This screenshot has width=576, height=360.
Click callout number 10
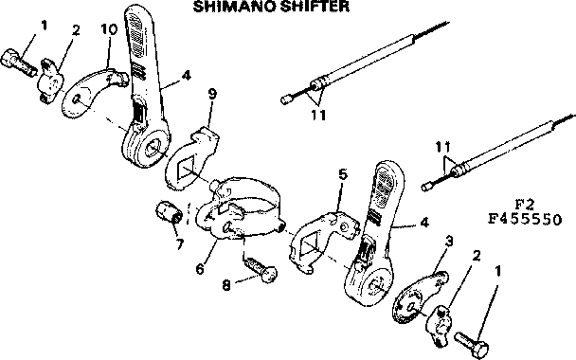click(x=109, y=29)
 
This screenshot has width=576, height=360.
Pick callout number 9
click(x=212, y=94)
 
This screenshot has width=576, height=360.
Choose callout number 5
click(x=343, y=174)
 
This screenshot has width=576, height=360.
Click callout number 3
click(x=448, y=242)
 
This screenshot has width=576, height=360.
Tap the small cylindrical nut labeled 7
click(x=169, y=214)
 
